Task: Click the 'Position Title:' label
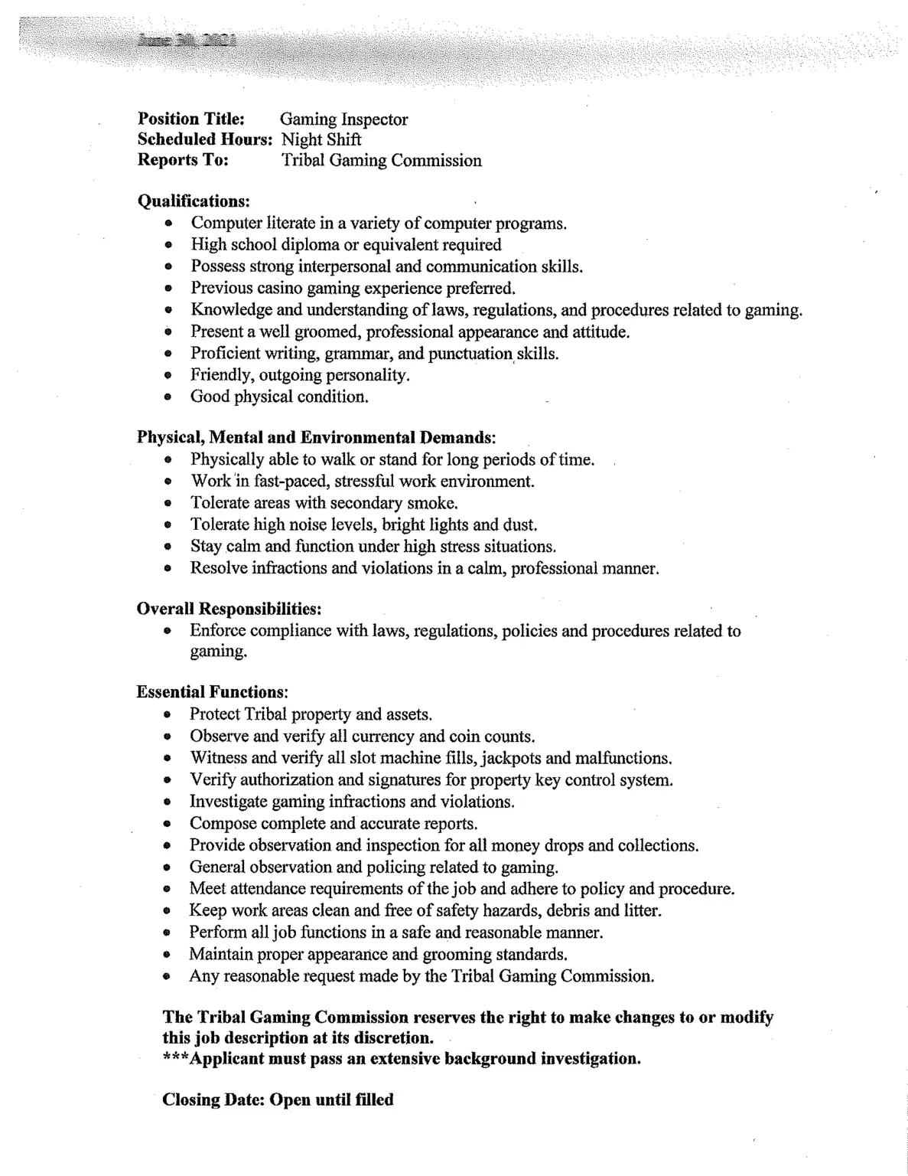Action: click(x=190, y=119)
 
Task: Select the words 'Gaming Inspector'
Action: click(x=343, y=119)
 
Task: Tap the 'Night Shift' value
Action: click(x=321, y=140)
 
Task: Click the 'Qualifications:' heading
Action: click(x=194, y=201)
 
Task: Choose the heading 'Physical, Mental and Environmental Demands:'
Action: click(x=316, y=438)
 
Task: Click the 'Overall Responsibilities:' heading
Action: click(x=229, y=609)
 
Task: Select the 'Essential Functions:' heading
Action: click(x=212, y=692)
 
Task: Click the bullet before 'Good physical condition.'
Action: click(x=168, y=397)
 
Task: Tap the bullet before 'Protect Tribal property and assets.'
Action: click(x=167, y=714)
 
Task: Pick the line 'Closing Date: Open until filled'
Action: click(x=278, y=1100)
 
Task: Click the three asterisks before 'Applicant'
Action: click(x=175, y=1059)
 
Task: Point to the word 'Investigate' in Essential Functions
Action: click(x=226, y=802)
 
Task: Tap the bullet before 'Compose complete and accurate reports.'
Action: click(x=167, y=824)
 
